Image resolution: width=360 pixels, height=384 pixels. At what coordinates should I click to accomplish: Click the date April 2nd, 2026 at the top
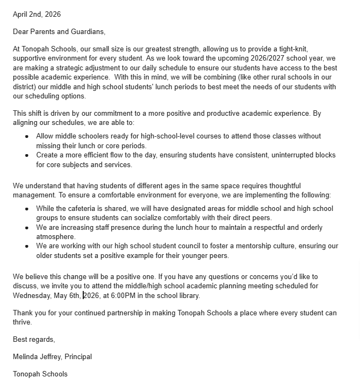[37, 14]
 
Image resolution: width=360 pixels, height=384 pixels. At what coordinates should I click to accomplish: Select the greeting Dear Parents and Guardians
[59, 31]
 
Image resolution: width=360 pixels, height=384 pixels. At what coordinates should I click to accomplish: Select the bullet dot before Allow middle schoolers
[27, 137]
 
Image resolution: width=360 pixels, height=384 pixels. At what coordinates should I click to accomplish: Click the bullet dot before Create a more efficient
[27, 156]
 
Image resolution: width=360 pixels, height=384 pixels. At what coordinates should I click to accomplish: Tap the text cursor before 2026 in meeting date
[83, 295]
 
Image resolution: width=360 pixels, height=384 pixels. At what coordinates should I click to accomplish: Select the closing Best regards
[34, 340]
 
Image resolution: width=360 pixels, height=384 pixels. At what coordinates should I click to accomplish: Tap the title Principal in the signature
[78, 357]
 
